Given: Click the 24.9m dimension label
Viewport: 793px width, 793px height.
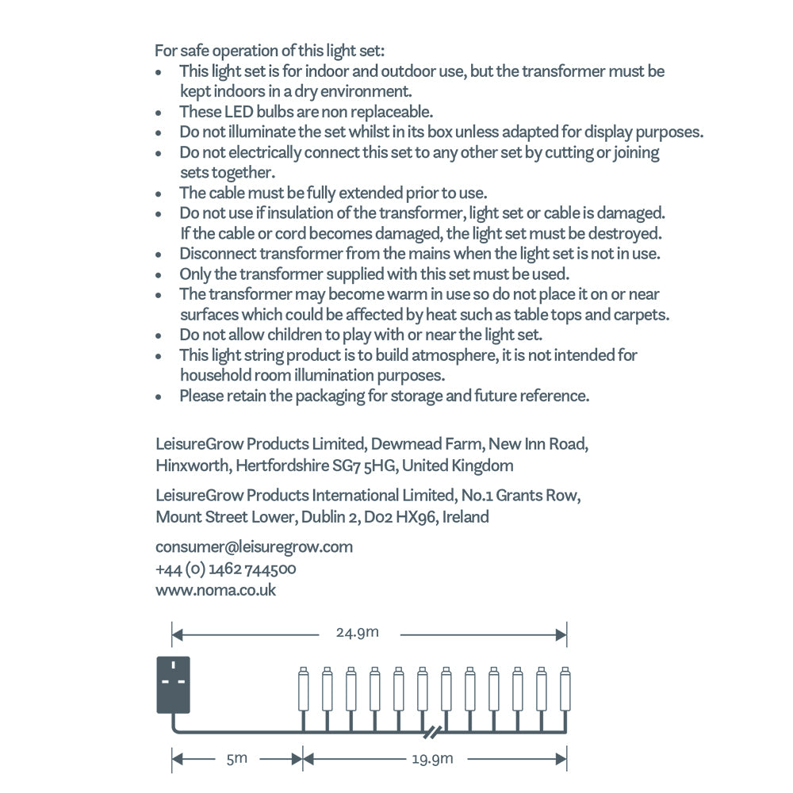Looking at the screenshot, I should pyautogui.click(x=358, y=633).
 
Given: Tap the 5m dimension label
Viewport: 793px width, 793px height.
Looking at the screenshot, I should pyautogui.click(x=236, y=759).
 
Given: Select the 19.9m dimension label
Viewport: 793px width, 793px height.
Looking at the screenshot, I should pyautogui.click(x=432, y=759).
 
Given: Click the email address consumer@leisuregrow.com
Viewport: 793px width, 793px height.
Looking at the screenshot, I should pyautogui.click(x=255, y=546).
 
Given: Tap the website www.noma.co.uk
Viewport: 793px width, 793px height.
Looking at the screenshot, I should pyautogui.click(x=216, y=590).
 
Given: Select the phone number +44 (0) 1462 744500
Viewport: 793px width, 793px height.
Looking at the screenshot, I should pyautogui.click(x=226, y=569).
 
